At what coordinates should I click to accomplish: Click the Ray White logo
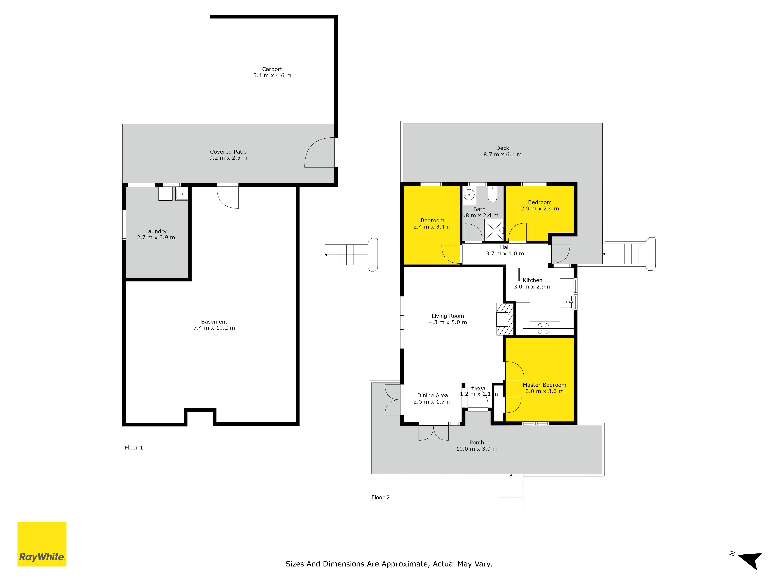coord(42,544)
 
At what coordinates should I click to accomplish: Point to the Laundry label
coord(156,231)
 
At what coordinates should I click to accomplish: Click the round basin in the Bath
coord(469,194)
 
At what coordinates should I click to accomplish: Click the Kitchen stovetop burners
coord(543,328)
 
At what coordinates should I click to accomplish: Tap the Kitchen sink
coord(566,302)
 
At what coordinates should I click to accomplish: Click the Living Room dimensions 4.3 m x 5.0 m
coord(448,322)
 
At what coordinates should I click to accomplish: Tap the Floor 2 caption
coord(381,497)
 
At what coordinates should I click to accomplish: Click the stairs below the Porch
coord(511,492)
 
